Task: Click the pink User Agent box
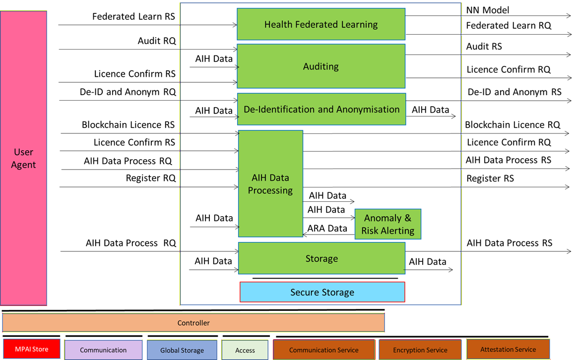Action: coord(24,158)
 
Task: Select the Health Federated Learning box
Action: coord(321,24)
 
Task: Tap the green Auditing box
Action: coord(321,66)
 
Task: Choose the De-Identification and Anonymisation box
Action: coord(321,109)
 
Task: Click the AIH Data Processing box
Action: coord(270,184)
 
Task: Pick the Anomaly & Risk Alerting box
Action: coord(387,224)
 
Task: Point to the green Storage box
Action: coord(321,258)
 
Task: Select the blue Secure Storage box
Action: coord(322,292)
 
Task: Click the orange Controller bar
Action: coord(193,323)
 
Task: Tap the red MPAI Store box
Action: coord(32,349)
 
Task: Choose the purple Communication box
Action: coord(103,350)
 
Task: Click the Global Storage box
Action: coord(182,350)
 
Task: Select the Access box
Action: coord(245,350)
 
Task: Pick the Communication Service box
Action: coord(323,350)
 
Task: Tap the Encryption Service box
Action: coord(420,350)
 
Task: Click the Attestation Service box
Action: coord(508,349)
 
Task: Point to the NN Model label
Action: coord(488,10)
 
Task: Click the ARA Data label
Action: coord(327,228)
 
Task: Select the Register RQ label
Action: coord(151,178)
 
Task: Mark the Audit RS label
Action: coord(484,47)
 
